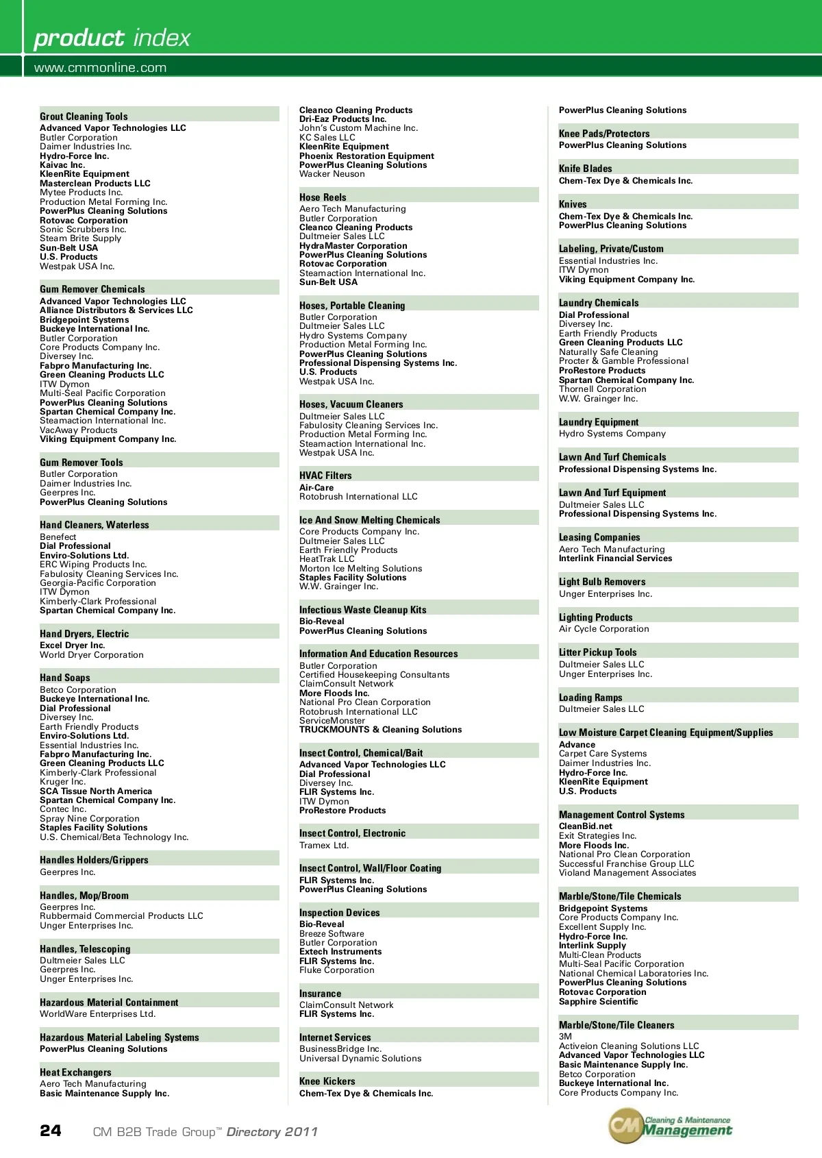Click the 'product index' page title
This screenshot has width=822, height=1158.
click(x=112, y=38)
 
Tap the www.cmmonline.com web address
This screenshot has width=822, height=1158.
click(x=100, y=67)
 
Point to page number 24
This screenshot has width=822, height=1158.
click(x=51, y=1131)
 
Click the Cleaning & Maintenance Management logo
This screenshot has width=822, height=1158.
click(x=670, y=1126)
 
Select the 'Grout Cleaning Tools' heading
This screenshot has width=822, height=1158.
click(x=84, y=116)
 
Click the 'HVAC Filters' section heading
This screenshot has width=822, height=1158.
click(x=325, y=476)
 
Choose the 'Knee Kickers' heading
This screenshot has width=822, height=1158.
click(x=327, y=1081)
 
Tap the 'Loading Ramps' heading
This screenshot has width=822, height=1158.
click(x=590, y=698)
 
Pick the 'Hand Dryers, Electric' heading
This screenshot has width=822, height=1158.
click(x=84, y=634)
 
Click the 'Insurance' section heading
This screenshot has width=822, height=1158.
click(x=320, y=994)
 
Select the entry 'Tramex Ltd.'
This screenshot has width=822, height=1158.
click(x=324, y=846)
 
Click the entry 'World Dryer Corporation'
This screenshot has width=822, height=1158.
click(x=92, y=655)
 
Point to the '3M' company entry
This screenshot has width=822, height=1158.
click(x=565, y=1037)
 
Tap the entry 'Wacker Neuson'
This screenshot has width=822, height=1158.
click(x=332, y=174)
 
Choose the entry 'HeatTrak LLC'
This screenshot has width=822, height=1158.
click(x=327, y=559)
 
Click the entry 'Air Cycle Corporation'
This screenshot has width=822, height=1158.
click(x=603, y=629)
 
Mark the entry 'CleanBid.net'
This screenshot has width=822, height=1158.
click(x=586, y=826)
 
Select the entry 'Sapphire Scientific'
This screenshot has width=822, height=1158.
click(x=598, y=1002)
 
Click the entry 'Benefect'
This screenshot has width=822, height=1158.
click(x=58, y=537)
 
